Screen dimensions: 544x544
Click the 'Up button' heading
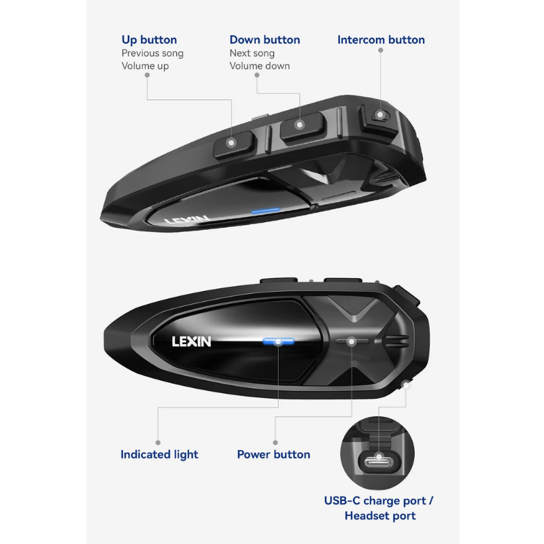(x=149, y=40)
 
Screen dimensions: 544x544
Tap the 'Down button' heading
(x=265, y=39)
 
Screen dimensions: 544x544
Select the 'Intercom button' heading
(x=381, y=39)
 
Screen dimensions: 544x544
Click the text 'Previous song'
(x=152, y=54)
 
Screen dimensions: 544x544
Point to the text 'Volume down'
(x=260, y=66)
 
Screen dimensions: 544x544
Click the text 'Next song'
(x=252, y=54)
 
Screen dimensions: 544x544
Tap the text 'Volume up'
(x=145, y=66)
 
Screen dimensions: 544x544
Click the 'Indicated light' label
(x=159, y=454)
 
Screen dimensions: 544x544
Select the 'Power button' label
(x=273, y=454)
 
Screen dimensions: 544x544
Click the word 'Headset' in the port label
(x=368, y=515)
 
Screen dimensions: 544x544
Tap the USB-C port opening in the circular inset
(x=379, y=462)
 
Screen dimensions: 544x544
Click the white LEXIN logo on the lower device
(x=192, y=342)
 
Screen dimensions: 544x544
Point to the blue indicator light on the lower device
(x=278, y=342)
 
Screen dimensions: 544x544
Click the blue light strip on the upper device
(x=265, y=211)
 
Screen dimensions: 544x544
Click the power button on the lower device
(x=352, y=341)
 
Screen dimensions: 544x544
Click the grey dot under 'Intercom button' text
(x=381, y=50)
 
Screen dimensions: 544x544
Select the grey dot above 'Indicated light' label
(x=158, y=443)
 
